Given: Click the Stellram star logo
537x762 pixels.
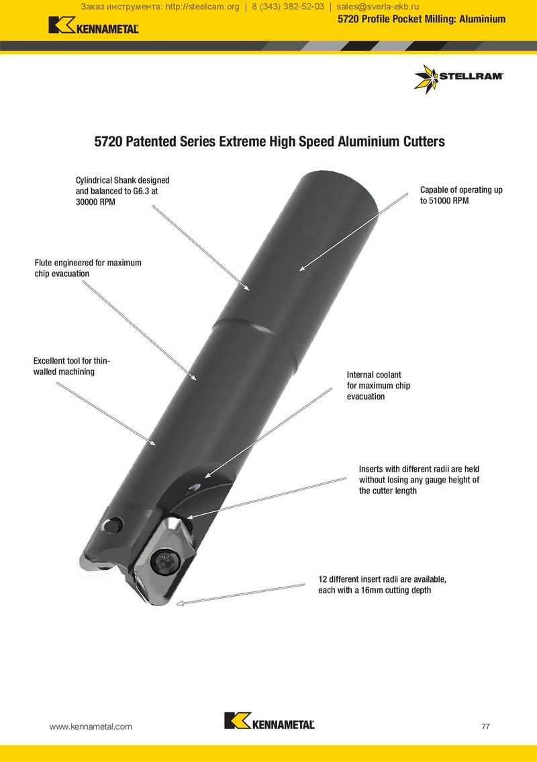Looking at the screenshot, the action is tap(426, 79).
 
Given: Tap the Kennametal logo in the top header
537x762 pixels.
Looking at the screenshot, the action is tap(94, 26).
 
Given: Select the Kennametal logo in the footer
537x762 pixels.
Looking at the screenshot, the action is tap(269, 721).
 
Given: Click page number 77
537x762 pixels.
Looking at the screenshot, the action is tap(485, 726).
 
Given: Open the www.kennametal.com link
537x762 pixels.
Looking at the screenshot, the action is tap(91, 726).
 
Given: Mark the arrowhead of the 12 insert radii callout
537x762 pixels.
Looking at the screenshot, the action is tap(179, 603).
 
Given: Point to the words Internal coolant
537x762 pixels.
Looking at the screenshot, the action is tap(374, 375).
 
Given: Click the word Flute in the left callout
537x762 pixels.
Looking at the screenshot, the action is tap(43, 263).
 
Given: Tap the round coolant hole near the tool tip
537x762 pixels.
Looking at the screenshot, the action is tap(115, 525).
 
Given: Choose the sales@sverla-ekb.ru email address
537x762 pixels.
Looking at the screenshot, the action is tap(378, 7).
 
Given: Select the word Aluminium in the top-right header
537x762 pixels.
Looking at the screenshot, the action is tap(482, 19).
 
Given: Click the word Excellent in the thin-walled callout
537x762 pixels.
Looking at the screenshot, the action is tap(50, 361).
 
